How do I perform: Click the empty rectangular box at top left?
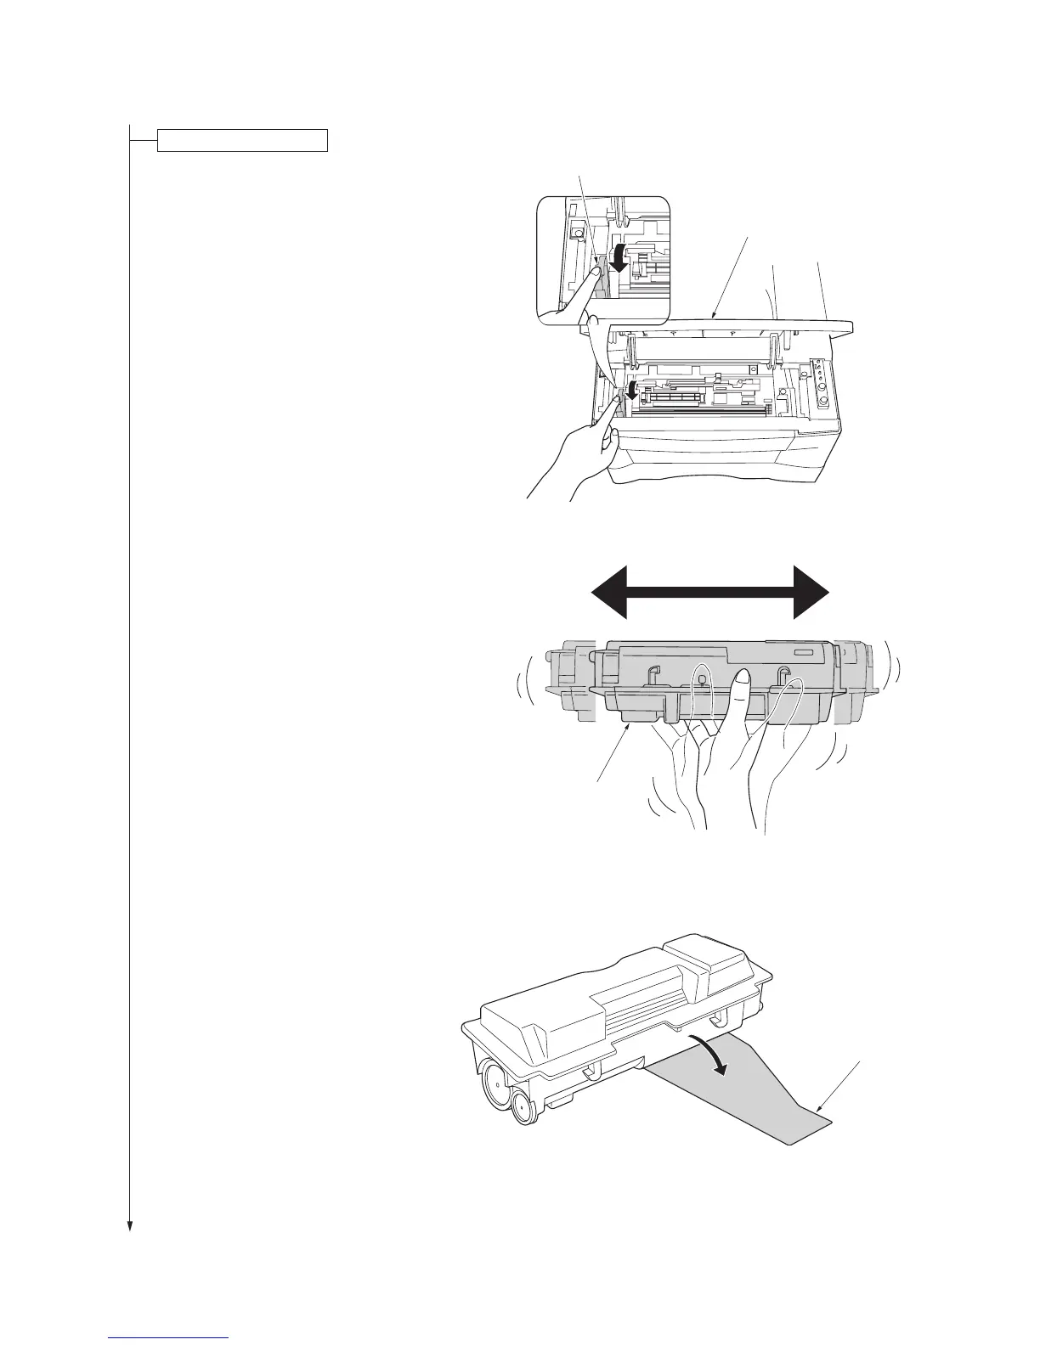point(242,140)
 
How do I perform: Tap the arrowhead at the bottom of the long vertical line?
point(130,1224)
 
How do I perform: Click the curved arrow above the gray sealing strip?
point(709,1055)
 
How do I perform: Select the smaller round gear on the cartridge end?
point(523,1109)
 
